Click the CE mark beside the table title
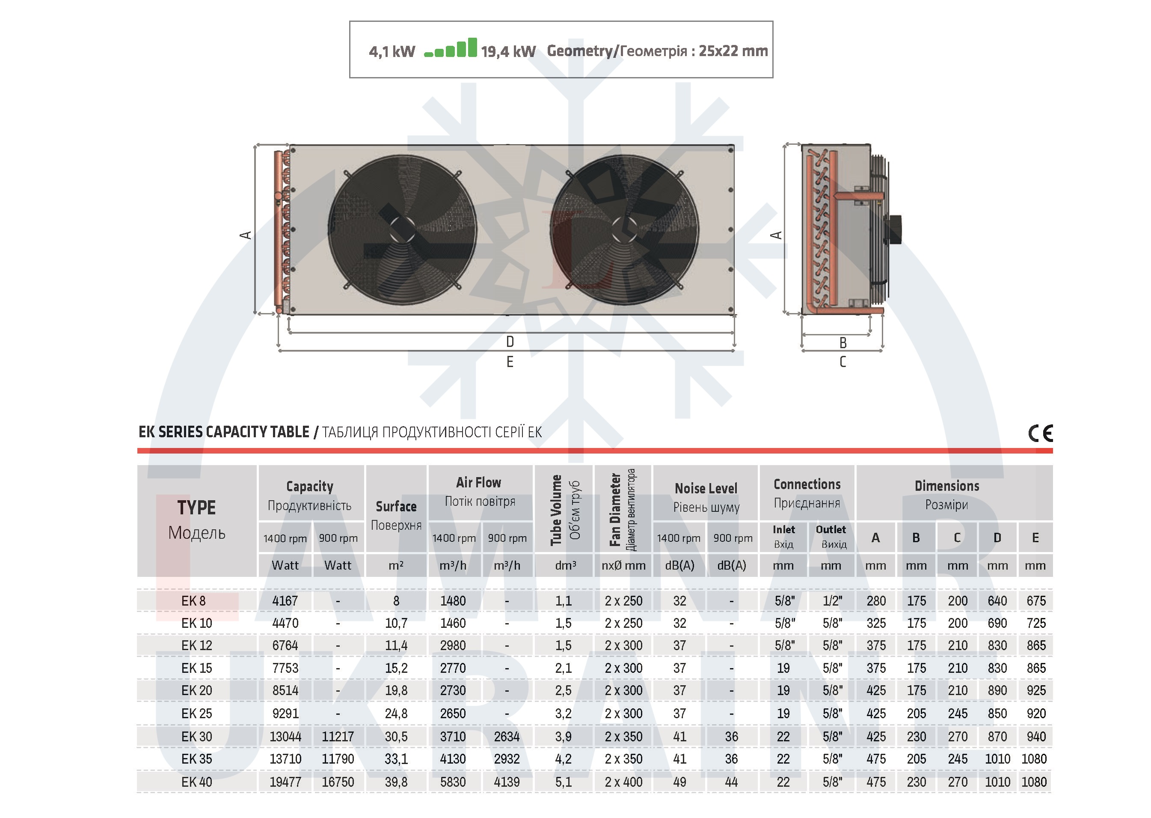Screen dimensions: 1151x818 pyautogui.click(x=1040, y=433)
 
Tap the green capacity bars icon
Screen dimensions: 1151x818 pyautogui.click(x=451, y=48)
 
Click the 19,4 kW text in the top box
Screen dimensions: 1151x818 pyautogui.click(x=508, y=51)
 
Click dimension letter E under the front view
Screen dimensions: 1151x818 pyautogui.click(x=510, y=361)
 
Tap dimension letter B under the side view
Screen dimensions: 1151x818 pyautogui.click(x=843, y=343)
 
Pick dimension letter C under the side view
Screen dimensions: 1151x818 pyautogui.click(x=843, y=361)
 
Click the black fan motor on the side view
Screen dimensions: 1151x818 pyautogui.click(x=895, y=230)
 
